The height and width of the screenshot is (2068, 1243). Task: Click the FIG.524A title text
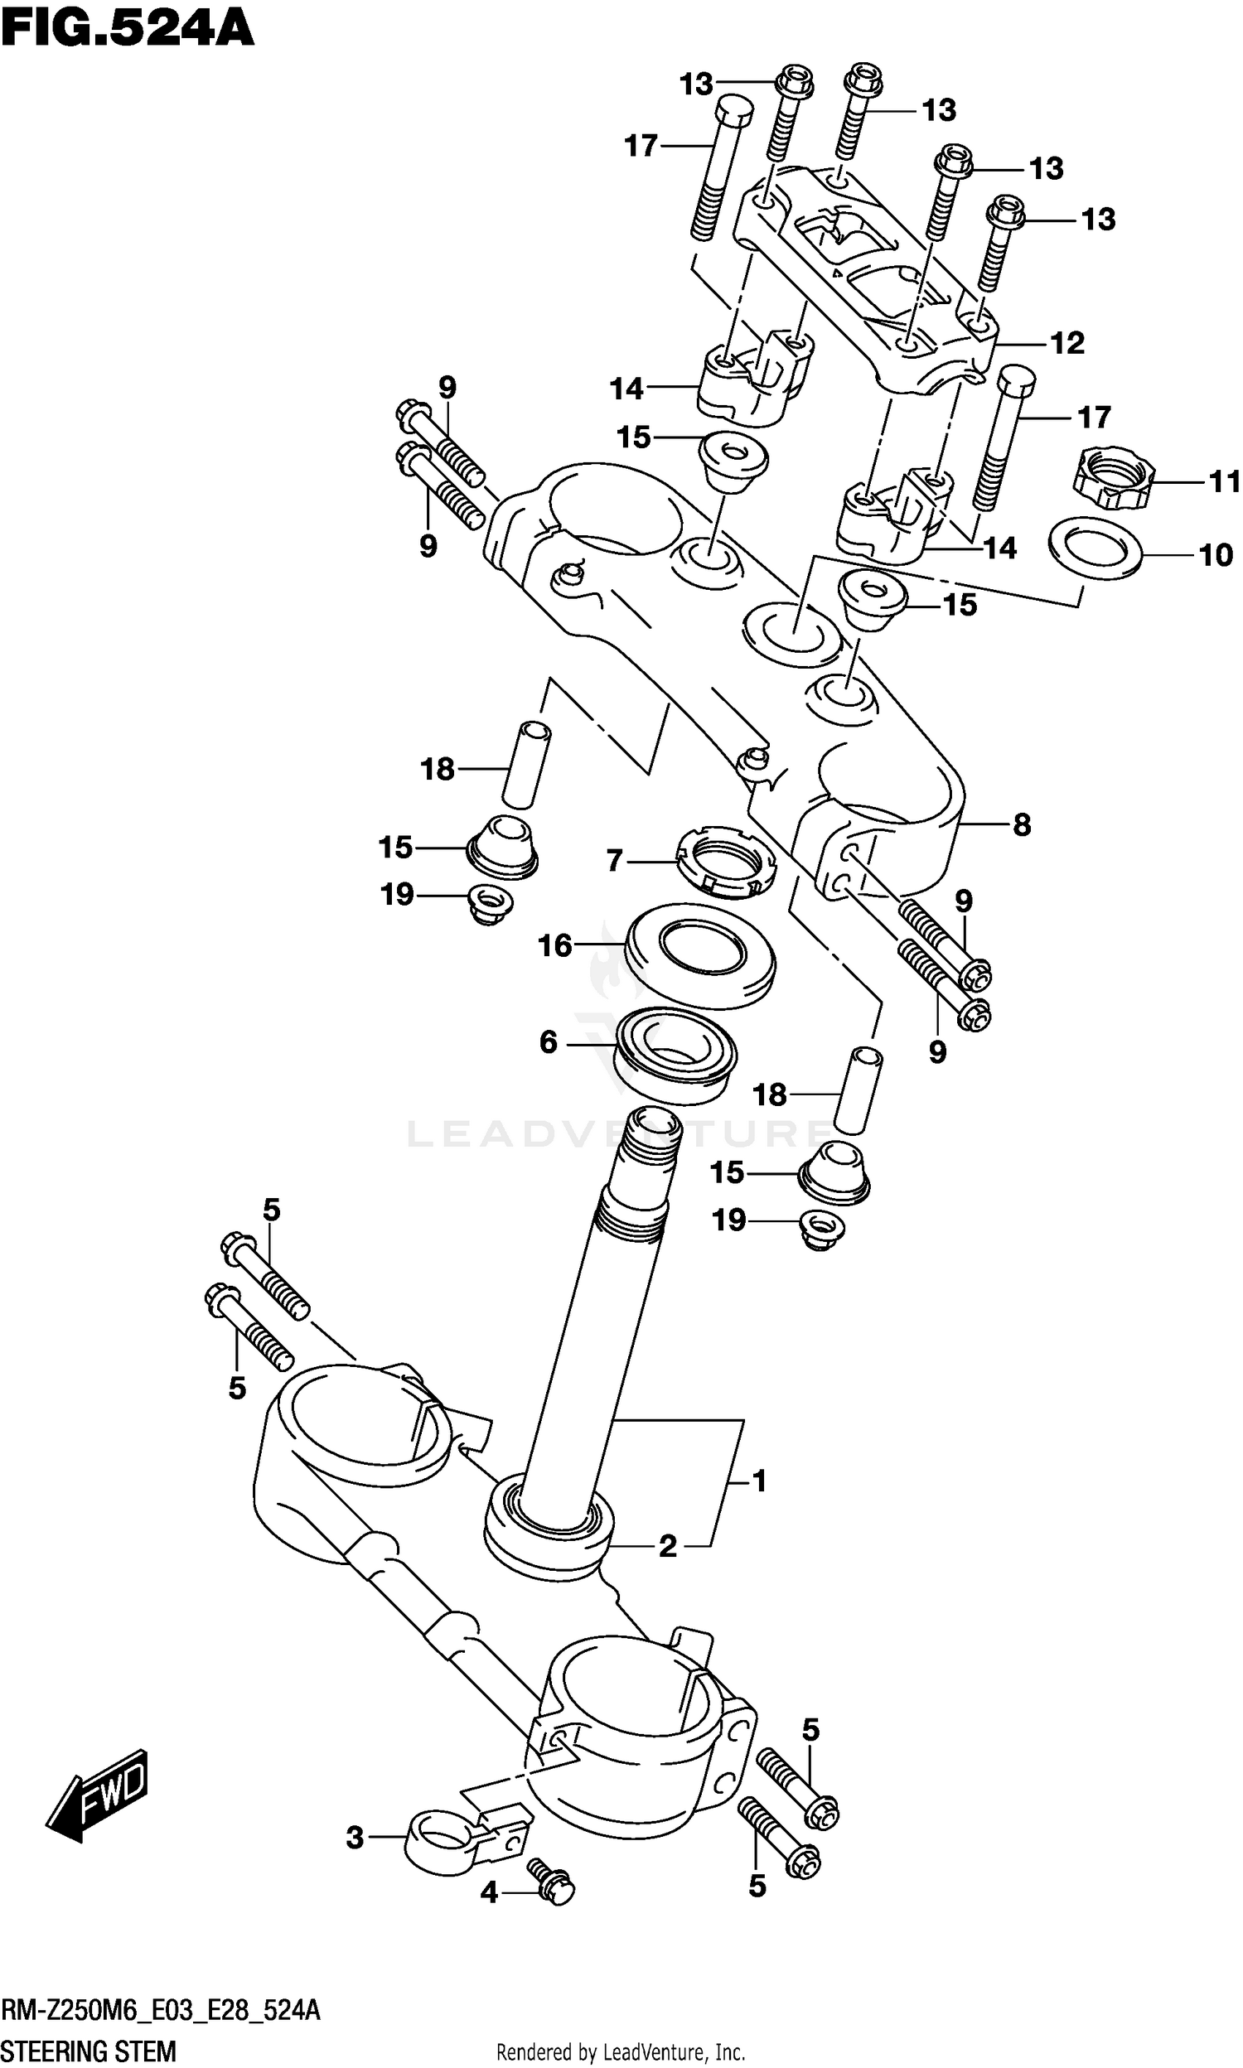(x=128, y=30)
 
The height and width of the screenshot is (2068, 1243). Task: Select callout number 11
(x=1225, y=481)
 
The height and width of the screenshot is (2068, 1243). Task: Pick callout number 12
(x=1067, y=343)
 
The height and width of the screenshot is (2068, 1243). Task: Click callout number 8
(x=1022, y=824)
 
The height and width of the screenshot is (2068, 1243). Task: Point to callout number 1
(x=759, y=1481)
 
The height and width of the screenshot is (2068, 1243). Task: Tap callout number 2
(x=668, y=1544)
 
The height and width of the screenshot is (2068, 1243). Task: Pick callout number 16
(x=554, y=945)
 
